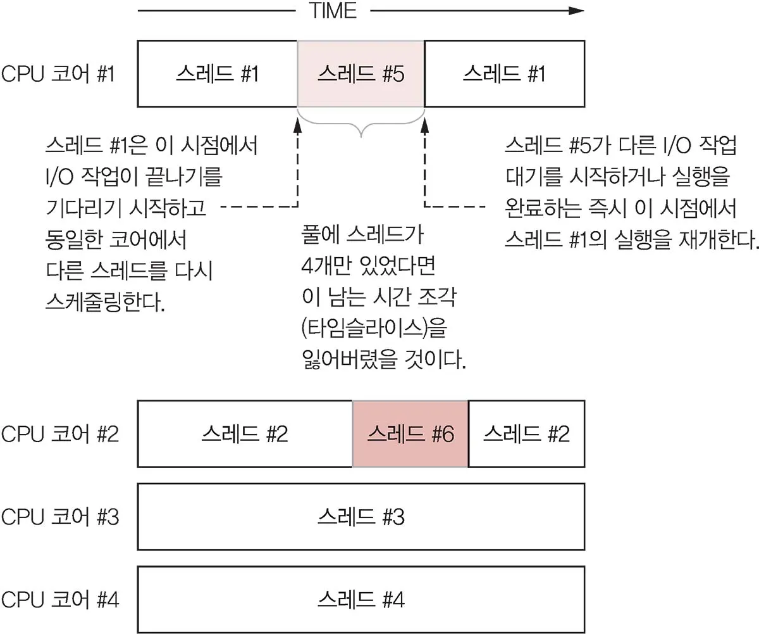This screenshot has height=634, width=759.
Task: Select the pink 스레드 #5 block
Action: point(361,74)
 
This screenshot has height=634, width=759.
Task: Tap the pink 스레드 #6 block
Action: point(410,434)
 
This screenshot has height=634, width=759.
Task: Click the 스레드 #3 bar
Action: point(361,517)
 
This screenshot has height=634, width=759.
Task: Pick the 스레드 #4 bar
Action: point(361,599)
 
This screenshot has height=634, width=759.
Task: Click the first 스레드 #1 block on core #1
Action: point(217,74)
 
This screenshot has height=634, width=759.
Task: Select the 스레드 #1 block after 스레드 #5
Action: point(504,74)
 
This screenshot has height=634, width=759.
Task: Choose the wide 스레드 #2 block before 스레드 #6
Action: point(245,434)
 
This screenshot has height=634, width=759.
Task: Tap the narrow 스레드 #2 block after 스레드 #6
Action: point(526,434)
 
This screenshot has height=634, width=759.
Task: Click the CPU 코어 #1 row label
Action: point(58,75)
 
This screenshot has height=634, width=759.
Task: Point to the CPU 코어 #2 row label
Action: point(59,434)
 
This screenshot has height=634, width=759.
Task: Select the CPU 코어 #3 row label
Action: point(59,517)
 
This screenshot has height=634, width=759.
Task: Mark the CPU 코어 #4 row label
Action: point(59,599)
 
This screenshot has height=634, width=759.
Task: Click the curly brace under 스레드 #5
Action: point(361,124)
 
